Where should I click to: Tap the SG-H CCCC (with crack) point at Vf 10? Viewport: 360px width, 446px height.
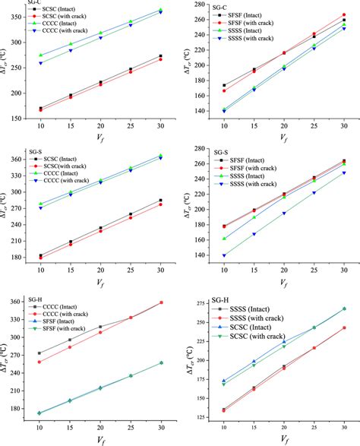pos(39,362)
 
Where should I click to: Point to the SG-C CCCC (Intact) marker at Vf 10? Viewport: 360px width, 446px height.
pos(39,55)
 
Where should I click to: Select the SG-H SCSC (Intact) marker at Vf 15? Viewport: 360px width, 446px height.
pos(254,362)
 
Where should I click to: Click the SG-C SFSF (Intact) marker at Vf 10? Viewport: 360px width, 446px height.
pos(224,86)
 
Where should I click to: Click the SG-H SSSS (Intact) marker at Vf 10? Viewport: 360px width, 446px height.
pos(224,410)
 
